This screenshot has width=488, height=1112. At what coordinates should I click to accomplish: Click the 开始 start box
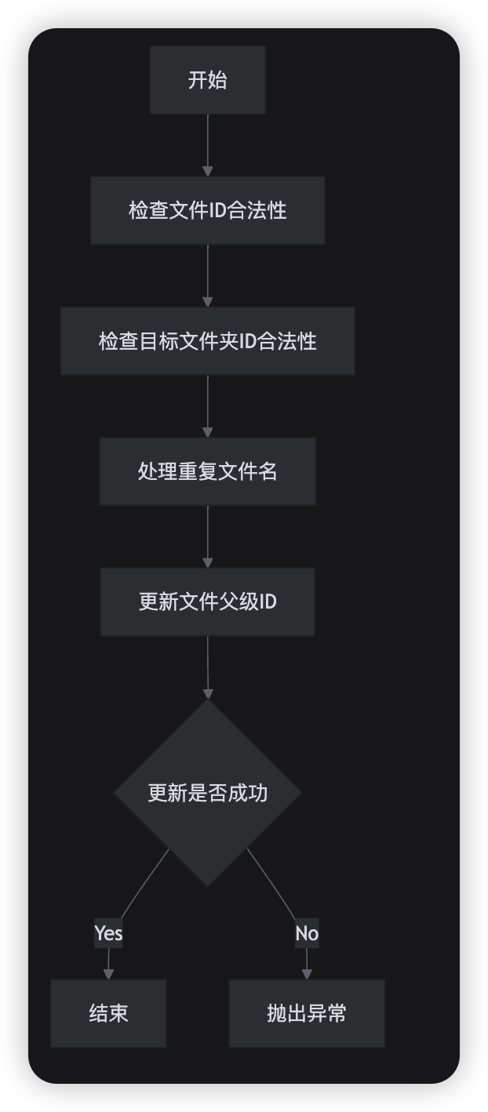[207, 80]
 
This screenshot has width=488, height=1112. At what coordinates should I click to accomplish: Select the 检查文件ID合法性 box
[207, 210]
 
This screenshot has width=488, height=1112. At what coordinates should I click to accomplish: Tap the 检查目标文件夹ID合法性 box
[207, 341]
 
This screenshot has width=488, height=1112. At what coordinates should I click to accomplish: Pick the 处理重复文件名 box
[207, 471]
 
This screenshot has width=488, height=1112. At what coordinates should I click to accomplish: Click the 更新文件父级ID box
[207, 601]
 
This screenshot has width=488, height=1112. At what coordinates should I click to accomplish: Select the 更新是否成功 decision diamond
[207, 793]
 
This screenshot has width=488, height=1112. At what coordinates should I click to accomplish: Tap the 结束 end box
[108, 1013]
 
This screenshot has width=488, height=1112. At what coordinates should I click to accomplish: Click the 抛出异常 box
[306, 1013]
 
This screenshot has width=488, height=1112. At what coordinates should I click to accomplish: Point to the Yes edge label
[108, 933]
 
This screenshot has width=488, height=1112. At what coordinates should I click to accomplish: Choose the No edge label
[307, 933]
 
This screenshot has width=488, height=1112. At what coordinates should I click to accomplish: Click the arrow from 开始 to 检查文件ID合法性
[207, 144]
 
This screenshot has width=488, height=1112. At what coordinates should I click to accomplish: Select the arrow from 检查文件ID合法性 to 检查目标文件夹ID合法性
[207, 274]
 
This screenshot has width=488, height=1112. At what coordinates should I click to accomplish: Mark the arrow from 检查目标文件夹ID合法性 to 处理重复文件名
[207, 405]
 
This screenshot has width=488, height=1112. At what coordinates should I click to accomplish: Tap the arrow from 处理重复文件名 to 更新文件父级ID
[207, 536]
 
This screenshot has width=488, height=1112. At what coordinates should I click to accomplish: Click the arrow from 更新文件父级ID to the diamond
[207, 667]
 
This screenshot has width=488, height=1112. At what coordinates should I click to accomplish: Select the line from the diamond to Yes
[145, 883]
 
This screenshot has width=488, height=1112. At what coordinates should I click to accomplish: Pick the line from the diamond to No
[271, 883]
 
